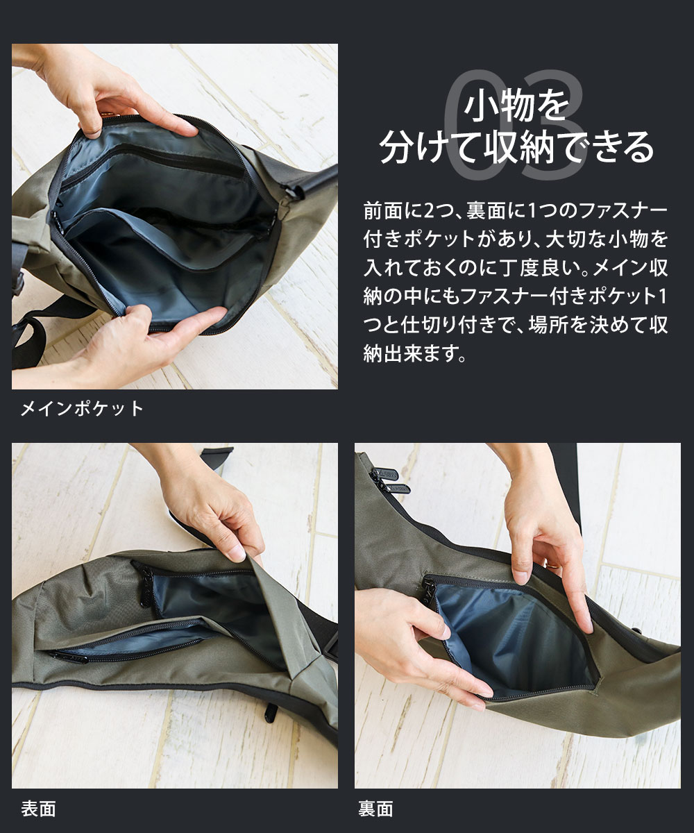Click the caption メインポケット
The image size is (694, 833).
[x=82, y=408]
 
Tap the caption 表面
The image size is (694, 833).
[x=38, y=809]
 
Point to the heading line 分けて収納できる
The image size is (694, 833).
[x=516, y=147]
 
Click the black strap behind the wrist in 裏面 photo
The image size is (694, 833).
[x=566, y=479]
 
